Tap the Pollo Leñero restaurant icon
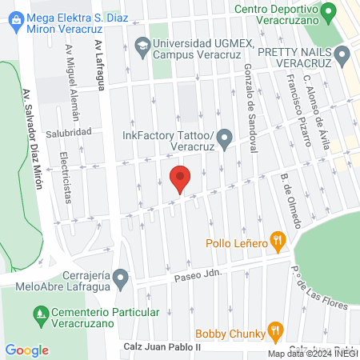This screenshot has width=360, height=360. (x=277, y=238)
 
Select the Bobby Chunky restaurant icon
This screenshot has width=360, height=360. (x=276, y=329)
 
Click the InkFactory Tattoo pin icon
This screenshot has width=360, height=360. (x=226, y=140)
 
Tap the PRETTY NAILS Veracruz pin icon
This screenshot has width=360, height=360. (x=344, y=55)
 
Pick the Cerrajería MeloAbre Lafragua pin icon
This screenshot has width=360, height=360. (x=121, y=278)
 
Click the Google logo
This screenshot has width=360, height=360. (x=26, y=350)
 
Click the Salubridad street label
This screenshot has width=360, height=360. (x=68, y=132)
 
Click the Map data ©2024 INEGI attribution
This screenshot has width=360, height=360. (x=311, y=354)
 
